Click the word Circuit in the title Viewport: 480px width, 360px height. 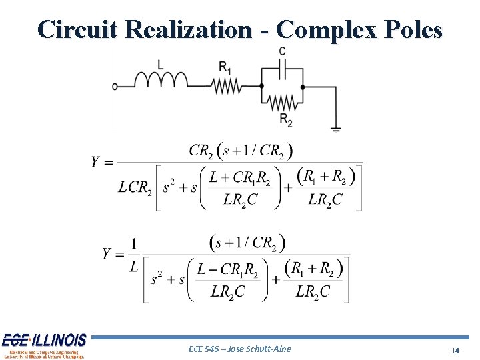click(77, 29)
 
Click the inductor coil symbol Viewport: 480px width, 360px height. click(161, 80)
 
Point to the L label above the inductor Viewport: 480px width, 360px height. click(160, 64)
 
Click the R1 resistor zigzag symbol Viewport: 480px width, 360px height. click(227, 86)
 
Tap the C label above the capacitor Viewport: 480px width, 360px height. click(283, 51)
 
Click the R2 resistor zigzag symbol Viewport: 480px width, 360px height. click(283, 102)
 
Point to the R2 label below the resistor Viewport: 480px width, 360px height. click(285, 120)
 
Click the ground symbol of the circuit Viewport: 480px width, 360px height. click(335, 129)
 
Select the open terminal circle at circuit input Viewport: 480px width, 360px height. click(115, 87)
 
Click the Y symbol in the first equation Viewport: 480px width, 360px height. click(97, 162)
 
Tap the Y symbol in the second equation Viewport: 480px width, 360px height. click(107, 253)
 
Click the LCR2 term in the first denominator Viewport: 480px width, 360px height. click(135, 187)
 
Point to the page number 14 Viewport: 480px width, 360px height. click(455, 351)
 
